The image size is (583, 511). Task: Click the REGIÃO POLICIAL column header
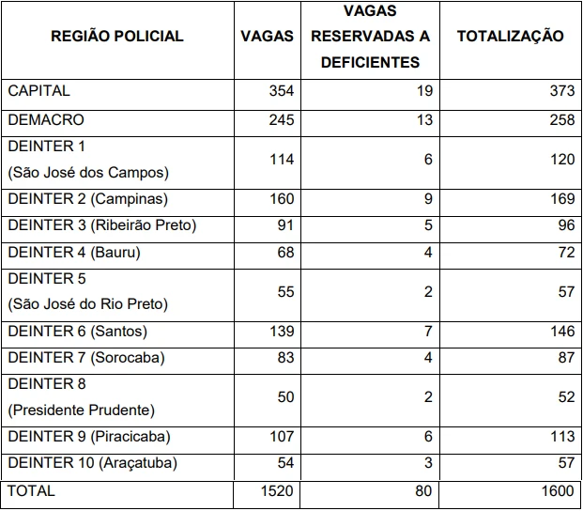[x=116, y=37]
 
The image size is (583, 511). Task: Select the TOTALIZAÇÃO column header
[x=510, y=37]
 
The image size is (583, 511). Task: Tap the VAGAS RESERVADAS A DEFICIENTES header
[x=370, y=38]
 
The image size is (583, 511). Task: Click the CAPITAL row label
[x=38, y=91]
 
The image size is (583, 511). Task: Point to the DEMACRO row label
[x=46, y=120]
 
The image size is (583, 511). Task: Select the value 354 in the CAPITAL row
[x=281, y=91]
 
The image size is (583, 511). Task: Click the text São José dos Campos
[x=88, y=172]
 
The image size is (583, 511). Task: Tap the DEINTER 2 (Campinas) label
[x=87, y=199]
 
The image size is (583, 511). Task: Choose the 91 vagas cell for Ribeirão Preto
[x=285, y=225]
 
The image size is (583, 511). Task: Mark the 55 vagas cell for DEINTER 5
[x=285, y=292]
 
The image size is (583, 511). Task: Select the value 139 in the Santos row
[x=281, y=332]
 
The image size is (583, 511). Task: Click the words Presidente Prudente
[x=82, y=410]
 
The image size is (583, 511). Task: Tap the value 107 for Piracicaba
[x=281, y=437]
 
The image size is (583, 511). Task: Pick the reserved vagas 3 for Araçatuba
[x=427, y=463]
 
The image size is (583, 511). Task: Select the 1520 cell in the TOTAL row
[x=277, y=491]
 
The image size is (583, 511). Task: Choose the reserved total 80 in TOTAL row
[x=423, y=491]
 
